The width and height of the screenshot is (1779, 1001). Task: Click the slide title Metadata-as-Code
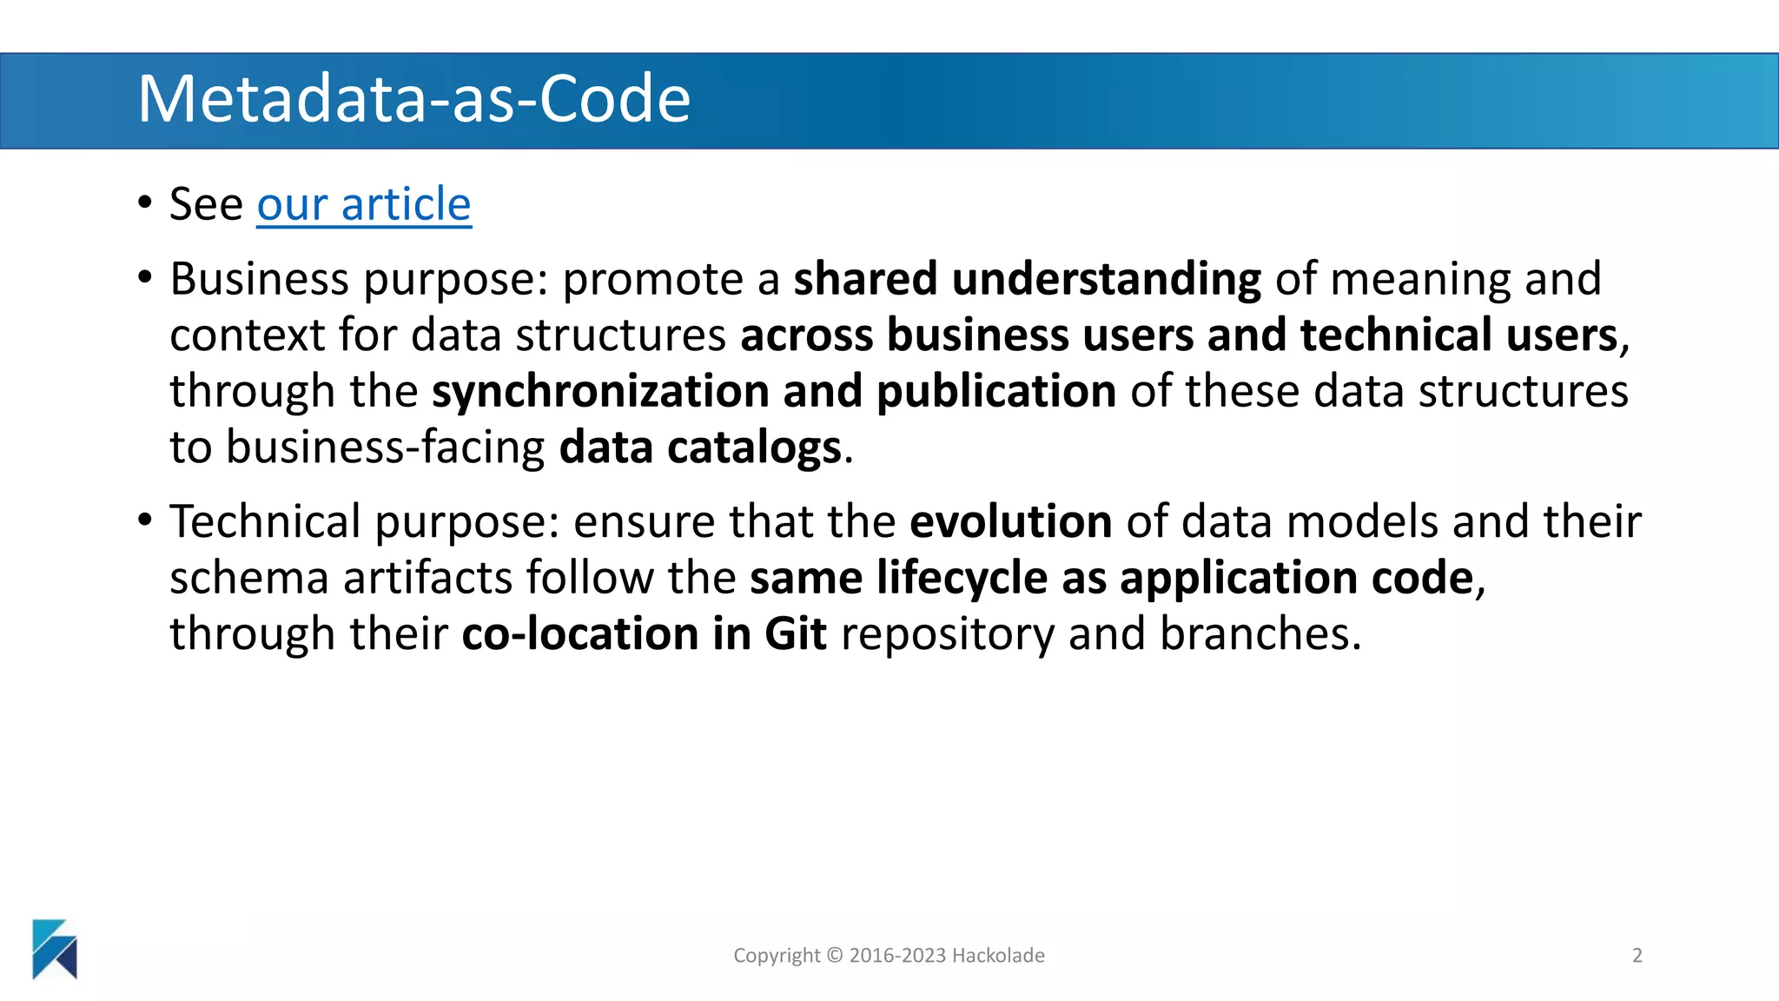pos(413,99)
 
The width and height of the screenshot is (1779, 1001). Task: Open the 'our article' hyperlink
pos(363,205)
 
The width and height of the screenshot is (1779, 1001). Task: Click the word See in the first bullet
pos(206,205)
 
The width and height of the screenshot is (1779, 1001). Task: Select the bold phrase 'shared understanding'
pos(1027,280)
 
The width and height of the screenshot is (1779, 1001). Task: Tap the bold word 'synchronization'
pos(599,392)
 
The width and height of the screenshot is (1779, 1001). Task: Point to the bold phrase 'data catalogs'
pos(700,448)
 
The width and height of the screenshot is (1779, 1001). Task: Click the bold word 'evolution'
pos(1010,522)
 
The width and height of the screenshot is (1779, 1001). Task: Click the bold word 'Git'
pos(795,634)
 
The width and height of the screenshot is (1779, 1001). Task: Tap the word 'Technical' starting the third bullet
pos(265,522)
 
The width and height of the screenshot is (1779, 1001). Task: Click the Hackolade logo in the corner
pos(55,949)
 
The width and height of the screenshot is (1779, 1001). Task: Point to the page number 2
pos(1637,956)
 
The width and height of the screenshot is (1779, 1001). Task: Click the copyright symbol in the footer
pos(834,956)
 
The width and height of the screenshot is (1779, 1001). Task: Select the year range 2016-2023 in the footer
pos(897,956)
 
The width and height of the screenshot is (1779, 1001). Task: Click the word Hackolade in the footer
pos(998,956)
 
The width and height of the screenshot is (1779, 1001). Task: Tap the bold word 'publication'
pos(995,392)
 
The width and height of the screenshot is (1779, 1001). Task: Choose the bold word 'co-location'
pos(579,634)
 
